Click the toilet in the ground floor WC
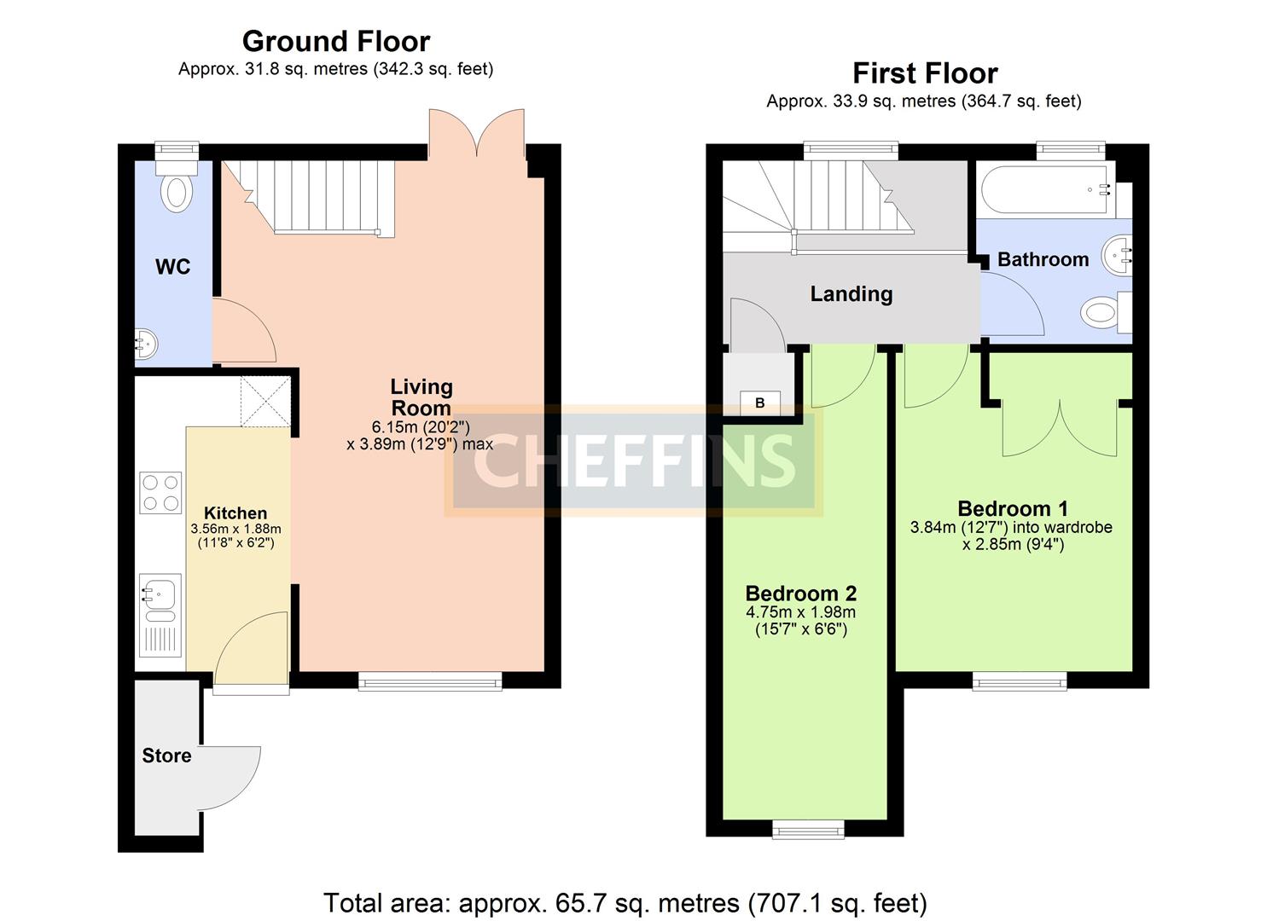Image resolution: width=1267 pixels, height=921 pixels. coord(177,189)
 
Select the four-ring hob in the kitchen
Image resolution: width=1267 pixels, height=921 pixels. coord(160,492)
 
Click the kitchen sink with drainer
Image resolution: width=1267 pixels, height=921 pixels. coord(160,614)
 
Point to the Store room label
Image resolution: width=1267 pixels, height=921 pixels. coord(166,756)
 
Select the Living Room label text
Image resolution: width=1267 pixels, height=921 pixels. coord(421,397)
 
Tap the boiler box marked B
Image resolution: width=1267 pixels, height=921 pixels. coord(760,403)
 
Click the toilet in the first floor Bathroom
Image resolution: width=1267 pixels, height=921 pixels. coord(1101,313)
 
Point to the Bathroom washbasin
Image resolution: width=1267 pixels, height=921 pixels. coord(1117,253)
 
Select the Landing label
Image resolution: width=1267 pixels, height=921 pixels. coord(851,294)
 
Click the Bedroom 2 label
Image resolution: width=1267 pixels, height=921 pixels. coord(800,594)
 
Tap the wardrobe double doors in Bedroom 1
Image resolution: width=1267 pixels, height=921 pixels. coord(1059,428)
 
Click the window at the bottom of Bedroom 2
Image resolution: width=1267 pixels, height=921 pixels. coord(808,829)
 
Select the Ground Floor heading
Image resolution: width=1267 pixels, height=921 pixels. coord(336,41)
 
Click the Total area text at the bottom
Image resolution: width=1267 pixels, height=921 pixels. coord(625,902)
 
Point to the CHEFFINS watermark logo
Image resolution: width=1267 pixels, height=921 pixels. coord(633,460)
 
